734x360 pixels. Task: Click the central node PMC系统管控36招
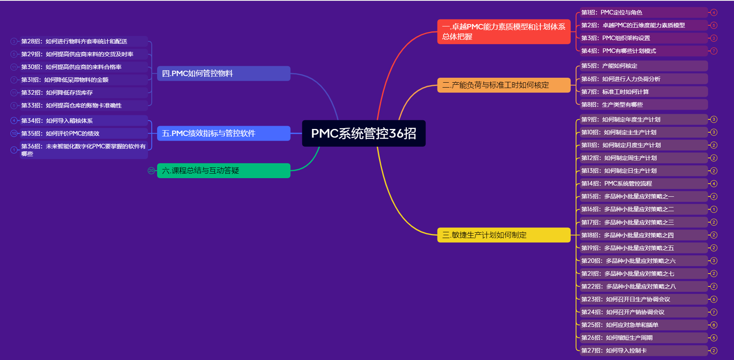363,134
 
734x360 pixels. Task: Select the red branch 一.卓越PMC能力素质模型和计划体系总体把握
504,32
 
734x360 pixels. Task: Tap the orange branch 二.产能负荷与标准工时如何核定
504,85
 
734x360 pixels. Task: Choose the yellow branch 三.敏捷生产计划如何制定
504,235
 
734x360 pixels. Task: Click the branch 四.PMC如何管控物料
223,74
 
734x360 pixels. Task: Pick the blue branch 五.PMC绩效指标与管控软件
223,134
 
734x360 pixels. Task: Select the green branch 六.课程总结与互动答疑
223,171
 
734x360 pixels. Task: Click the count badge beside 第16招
714,210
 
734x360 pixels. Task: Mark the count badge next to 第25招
714,325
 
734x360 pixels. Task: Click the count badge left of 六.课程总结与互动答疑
151,171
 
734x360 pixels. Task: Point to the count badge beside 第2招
714,25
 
